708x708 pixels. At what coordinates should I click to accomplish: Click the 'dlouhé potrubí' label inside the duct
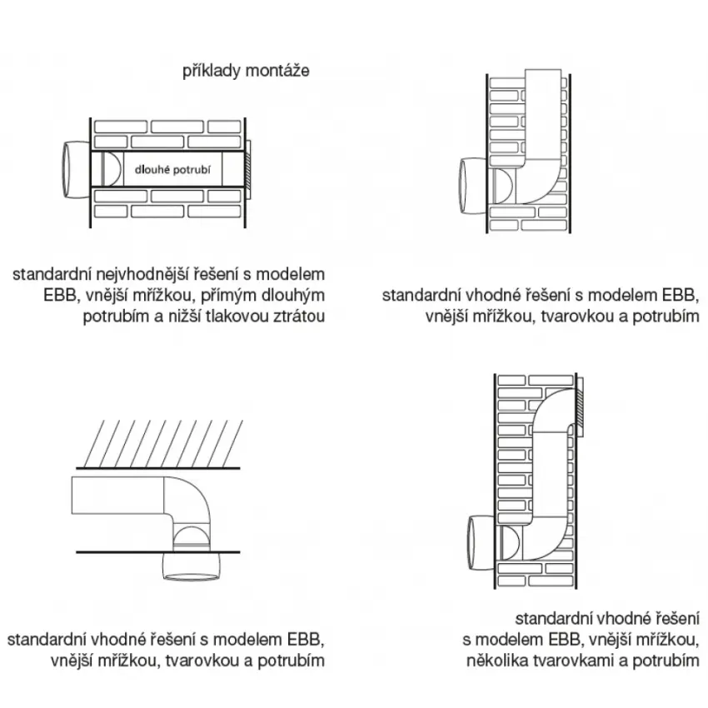click(x=172, y=170)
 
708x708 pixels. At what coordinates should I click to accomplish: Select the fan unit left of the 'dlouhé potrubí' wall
click(x=76, y=170)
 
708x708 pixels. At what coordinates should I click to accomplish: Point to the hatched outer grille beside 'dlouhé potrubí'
click(x=247, y=170)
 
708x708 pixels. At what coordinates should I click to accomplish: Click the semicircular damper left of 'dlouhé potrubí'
click(x=111, y=169)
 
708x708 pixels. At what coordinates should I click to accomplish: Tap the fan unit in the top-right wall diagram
click(x=473, y=186)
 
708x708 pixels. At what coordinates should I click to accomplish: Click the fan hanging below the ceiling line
click(x=191, y=566)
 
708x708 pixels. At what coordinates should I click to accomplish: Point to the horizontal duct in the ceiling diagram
click(x=117, y=496)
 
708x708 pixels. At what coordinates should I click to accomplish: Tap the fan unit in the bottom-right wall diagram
click(x=481, y=543)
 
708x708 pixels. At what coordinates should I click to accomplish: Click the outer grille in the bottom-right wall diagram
click(x=580, y=406)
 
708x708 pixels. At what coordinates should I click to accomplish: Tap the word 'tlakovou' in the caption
click(x=237, y=316)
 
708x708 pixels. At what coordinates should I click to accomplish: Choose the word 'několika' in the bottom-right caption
click(x=497, y=661)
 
